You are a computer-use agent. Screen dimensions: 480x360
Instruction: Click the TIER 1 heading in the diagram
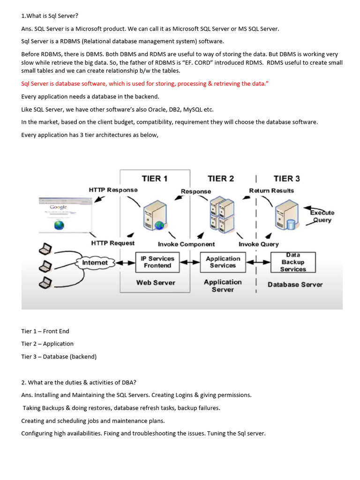155,179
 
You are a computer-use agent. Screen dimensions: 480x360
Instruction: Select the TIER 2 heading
220,179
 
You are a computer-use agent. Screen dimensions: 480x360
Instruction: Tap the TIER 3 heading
286,179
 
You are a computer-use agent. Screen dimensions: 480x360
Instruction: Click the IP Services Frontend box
157,262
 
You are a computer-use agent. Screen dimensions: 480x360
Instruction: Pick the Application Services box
223,262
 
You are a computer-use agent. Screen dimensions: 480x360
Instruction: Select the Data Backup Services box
293,262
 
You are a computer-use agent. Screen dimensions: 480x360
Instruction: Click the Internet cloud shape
95,263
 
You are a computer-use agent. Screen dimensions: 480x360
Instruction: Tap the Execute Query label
322,217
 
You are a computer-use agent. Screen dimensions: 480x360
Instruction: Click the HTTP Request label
112,243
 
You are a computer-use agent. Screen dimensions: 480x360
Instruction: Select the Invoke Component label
186,244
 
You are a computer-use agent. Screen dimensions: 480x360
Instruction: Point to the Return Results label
271,190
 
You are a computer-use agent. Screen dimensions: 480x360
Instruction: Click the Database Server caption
295,285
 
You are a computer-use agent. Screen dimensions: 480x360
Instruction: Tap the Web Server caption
156,283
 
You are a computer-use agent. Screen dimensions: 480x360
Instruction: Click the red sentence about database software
145,84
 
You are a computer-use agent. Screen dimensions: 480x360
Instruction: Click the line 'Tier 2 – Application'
47,344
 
